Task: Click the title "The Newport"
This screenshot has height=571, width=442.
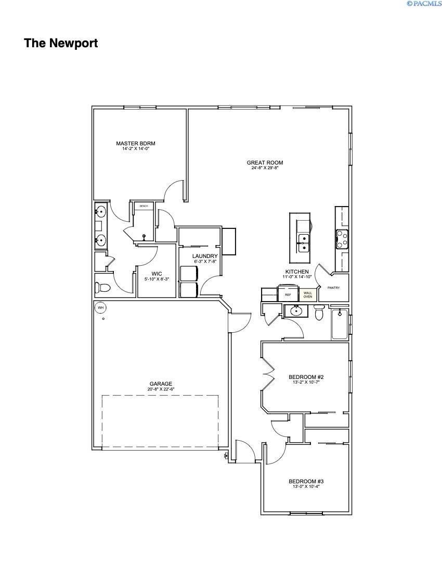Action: pyautogui.click(x=61, y=43)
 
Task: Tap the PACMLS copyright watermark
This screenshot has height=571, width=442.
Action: pyautogui.click(x=424, y=4)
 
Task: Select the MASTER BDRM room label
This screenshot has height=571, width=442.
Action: pyautogui.click(x=136, y=143)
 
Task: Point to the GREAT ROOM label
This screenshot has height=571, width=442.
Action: pyautogui.click(x=265, y=163)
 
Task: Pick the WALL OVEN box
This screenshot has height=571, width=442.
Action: pyautogui.click(x=307, y=294)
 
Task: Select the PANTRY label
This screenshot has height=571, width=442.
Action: pyautogui.click(x=333, y=288)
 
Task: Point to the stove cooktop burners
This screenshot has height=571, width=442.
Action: pyautogui.click(x=342, y=239)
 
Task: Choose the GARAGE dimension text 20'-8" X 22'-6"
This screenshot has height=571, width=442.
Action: pyautogui.click(x=161, y=389)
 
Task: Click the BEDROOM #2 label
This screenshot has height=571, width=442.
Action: pyautogui.click(x=306, y=377)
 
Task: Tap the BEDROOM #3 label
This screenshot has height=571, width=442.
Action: pyautogui.click(x=306, y=481)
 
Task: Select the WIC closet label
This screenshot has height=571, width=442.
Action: pyautogui.click(x=157, y=274)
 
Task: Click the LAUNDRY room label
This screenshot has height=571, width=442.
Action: pyautogui.click(x=204, y=256)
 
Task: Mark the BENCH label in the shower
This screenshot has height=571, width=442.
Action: pyautogui.click(x=144, y=206)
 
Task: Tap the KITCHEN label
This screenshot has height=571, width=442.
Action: pyautogui.click(x=297, y=272)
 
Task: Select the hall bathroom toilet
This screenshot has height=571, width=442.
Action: pyautogui.click(x=319, y=313)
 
